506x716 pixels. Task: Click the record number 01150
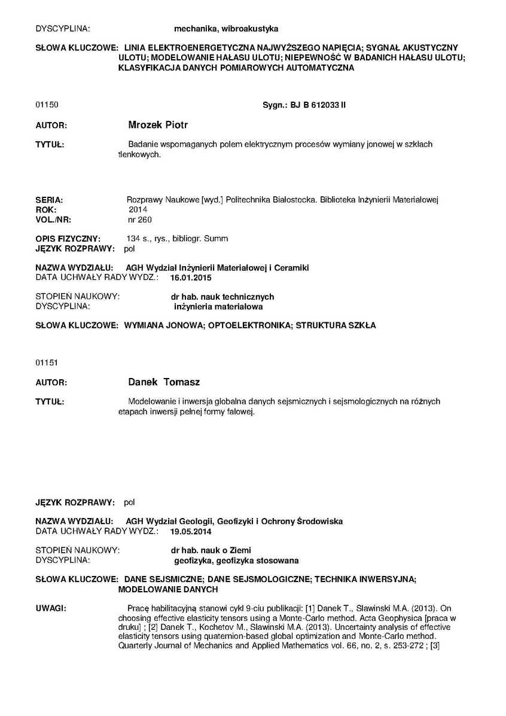coord(47,105)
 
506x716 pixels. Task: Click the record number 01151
coord(47,362)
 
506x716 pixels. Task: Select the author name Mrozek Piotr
coord(158,126)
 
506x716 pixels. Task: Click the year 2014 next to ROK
coord(138,209)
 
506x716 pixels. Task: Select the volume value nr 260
coord(136,219)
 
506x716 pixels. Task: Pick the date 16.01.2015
coord(191,278)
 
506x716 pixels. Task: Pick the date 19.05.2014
coord(191,531)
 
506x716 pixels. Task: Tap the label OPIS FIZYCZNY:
coord(68,238)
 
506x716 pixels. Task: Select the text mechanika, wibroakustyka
coord(225,28)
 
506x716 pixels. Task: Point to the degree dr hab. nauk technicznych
coord(222,297)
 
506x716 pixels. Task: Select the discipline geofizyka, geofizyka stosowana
coord(236,560)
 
